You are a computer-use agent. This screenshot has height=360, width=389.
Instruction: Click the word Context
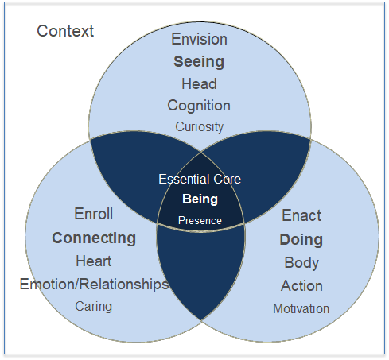pyautogui.click(x=65, y=31)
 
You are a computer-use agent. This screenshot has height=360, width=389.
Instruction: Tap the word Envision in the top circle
pyautogui.click(x=199, y=39)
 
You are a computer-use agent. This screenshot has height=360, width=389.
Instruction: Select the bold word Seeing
pyautogui.click(x=199, y=62)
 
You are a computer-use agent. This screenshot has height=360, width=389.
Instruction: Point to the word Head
pyautogui.click(x=199, y=83)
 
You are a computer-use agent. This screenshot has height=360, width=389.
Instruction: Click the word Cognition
pyautogui.click(x=199, y=106)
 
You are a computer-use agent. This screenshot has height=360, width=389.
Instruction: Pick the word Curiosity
pyautogui.click(x=199, y=127)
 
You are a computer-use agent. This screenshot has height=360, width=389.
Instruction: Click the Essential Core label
pyautogui.click(x=200, y=179)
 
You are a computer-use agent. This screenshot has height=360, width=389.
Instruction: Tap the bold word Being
pyautogui.click(x=200, y=199)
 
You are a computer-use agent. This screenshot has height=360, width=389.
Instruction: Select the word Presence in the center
pyautogui.click(x=200, y=220)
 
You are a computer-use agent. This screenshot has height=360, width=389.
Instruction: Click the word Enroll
pyautogui.click(x=94, y=214)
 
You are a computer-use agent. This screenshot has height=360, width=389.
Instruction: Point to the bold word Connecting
pyautogui.click(x=94, y=238)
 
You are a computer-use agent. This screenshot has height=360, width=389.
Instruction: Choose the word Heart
pyautogui.click(x=94, y=261)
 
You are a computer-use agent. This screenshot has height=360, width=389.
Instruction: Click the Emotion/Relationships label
pyautogui.click(x=95, y=285)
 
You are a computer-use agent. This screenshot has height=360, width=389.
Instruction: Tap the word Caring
pyautogui.click(x=94, y=307)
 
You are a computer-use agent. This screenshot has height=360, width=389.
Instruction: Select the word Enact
pyautogui.click(x=301, y=215)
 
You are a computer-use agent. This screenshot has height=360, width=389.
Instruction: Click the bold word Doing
pyautogui.click(x=301, y=240)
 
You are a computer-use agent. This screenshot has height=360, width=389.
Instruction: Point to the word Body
pyautogui.click(x=301, y=263)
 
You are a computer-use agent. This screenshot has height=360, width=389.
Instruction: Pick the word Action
pyautogui.click(x=301, y=286)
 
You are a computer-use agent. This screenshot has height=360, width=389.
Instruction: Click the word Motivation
pyautogui.click(x=301, y=309)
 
